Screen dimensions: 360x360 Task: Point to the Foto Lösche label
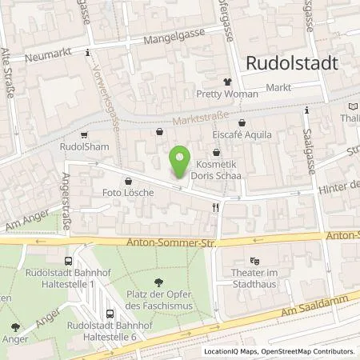[126, 193]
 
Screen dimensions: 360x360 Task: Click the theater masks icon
[255, 261]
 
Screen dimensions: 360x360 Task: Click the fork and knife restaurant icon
[214, 207]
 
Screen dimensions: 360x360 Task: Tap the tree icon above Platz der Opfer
[159, 282]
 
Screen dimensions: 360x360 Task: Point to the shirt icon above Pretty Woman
[227, 81]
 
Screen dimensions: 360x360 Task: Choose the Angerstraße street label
[63, 202]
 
